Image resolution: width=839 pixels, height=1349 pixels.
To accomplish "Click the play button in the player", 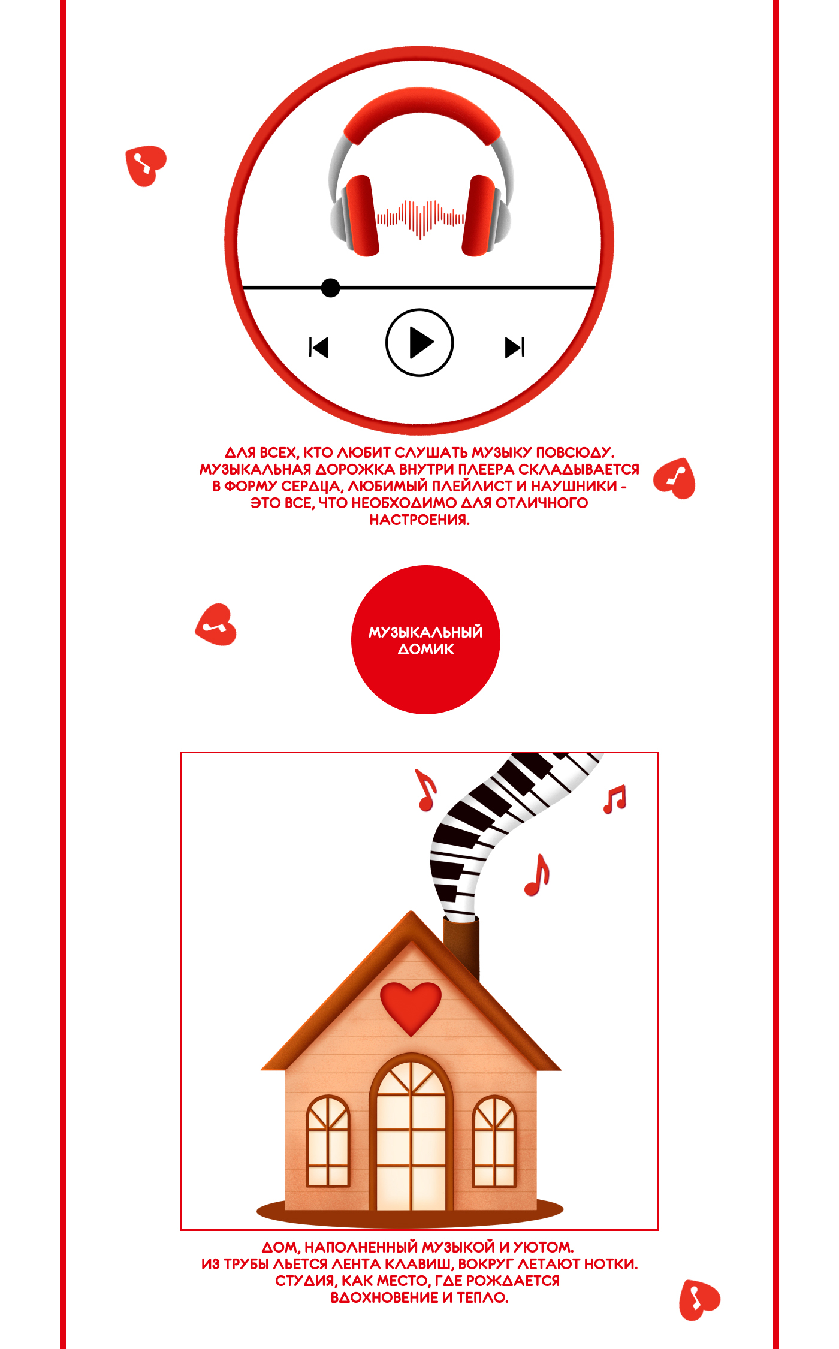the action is click(x=419, y=342).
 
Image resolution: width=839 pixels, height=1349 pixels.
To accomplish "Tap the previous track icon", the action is click(x=319, y=347).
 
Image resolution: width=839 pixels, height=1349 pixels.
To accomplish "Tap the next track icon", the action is click(x=515, y=347).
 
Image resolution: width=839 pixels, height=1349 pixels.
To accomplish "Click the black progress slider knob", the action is click(x=330, y=288).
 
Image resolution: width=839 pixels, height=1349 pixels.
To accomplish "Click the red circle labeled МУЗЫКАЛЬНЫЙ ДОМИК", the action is click(x=425, y=639).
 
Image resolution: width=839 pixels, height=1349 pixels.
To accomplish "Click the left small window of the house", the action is click(x=328, y=1141).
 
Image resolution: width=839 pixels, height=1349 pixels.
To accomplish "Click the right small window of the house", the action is click(x=494, y=1141).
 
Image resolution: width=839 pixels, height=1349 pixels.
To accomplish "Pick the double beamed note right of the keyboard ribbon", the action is click(x=615, y=799).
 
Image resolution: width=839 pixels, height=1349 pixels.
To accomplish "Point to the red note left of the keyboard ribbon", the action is click(x=426, y=790).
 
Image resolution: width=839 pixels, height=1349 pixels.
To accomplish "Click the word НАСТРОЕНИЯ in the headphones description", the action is click(x=419, y=520).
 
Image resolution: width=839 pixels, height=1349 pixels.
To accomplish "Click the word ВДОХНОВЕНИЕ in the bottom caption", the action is click(x=385, y=1297).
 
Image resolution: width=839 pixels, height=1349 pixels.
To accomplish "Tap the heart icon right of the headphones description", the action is click(x=675, y=479).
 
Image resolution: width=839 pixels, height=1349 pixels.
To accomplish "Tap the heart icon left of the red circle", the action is click(x=216, y=625).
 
